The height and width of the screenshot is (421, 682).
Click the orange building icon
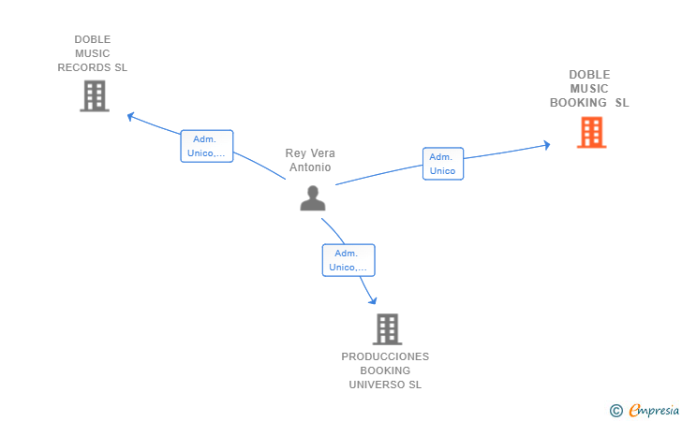tap(591, 133)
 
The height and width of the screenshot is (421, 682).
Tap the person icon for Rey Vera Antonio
tap(313, 198)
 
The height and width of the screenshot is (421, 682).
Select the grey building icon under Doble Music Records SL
tap(95, 96)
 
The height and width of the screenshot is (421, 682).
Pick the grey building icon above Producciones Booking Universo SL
tap(387, 329)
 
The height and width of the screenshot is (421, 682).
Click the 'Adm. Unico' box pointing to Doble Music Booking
tap(443, 164)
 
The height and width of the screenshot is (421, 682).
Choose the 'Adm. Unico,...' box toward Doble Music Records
tap(207, 146)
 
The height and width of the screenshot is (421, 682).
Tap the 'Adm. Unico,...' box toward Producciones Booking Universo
tap(348, 260)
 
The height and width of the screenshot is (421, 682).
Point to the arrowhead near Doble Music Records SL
tap(130, 116)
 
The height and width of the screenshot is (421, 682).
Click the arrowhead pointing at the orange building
tap(547, 145)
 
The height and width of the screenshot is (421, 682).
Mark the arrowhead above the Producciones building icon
tap(373, 300)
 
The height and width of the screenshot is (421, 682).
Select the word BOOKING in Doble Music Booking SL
tap(578, 103)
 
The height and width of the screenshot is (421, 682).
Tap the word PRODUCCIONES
tap(385, 356)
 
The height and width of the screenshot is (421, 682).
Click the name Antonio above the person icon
tap(310, 167)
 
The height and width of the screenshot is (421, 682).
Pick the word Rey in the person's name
tap(296, 153)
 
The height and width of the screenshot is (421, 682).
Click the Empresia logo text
tap(654, 410)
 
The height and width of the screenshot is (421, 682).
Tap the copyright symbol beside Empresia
tap(615, 411)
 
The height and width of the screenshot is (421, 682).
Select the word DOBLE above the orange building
tap(589, 75)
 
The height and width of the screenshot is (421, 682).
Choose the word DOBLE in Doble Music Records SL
tap(92, 39)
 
